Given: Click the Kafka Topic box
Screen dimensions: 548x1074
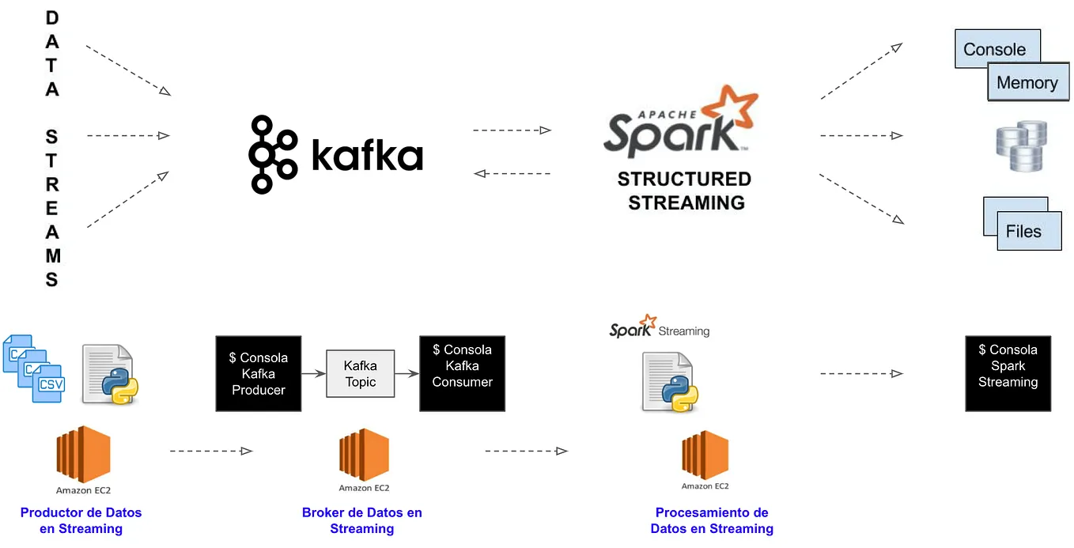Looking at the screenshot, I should pyautogui.click(x=360, y=374).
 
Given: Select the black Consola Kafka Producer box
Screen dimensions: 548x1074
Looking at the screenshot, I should pyautogui.click(x=259, y=374).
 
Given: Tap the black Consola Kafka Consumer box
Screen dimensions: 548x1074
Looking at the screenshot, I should pyautogui.click(x=462, y=374).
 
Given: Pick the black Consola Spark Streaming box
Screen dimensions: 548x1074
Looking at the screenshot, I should pyautogui.click(x=1008, y=374).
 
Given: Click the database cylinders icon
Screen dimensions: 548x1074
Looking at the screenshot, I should pyautogui.click(x=1020, y=146).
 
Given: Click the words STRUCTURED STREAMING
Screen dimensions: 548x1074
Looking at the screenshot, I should pyautogui.click(x=685, y=191).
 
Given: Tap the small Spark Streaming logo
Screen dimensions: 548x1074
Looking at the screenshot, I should pyautogui.click(x=659, y=327).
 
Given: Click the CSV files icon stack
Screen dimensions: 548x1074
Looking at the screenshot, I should pyautogui.click(x=33, y=368).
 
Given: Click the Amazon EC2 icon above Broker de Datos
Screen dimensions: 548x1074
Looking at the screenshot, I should pyautogui.click(x=364, y=455).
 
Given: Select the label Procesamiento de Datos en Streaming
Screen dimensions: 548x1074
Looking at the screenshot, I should pyautogui.click(x=712, y=521).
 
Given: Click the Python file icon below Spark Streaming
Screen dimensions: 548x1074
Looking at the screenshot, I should pyautogui.click(x=667, y=382).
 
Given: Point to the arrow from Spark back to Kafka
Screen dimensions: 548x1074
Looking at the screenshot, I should pyautogui.click(x=511, y=173).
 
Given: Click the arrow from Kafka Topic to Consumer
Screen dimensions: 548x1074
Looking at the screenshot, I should pyautogui.click(x=407, y=374).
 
